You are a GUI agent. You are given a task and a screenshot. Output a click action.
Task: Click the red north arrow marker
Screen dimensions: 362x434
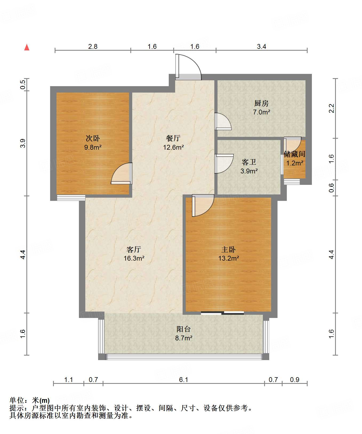pos(27,47)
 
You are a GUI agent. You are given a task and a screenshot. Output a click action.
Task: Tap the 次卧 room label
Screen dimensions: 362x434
pos(93,138)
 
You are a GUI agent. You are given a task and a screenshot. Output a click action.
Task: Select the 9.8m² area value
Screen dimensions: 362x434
pos(93,147)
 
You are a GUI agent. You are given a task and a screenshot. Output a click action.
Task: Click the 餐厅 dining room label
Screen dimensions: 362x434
pos(173,138)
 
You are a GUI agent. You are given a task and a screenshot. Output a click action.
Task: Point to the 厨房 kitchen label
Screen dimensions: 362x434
pos(261,103)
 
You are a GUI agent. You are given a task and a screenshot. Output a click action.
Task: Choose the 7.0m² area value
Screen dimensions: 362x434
pos(262,112)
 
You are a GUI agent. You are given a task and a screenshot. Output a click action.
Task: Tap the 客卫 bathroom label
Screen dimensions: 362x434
pos(249,162)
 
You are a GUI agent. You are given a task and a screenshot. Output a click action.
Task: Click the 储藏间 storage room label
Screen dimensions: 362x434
pos(295,154)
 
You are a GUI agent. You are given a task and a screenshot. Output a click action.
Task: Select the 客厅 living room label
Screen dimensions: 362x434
pos(134,249)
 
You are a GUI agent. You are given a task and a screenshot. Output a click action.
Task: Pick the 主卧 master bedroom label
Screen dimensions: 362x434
pos(228,249)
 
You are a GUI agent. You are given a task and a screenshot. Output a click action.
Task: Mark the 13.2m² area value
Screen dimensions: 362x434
pos(228,258)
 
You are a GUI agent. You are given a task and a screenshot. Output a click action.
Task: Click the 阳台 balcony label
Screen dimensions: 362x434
pos(184,329)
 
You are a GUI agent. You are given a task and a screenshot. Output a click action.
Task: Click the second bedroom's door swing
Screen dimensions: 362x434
pos(122,173)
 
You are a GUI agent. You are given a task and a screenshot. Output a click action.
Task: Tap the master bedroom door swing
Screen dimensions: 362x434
pos(203,205)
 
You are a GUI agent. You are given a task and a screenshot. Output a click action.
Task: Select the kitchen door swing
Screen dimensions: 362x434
pos(223,121)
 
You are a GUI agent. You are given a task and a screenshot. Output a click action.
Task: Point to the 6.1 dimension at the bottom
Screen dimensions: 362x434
pos(184,380)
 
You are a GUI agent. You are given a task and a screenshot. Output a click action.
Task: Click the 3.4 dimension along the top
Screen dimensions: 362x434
pos(262,46)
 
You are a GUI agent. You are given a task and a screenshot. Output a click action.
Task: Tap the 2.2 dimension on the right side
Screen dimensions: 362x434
pos(331,108)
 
